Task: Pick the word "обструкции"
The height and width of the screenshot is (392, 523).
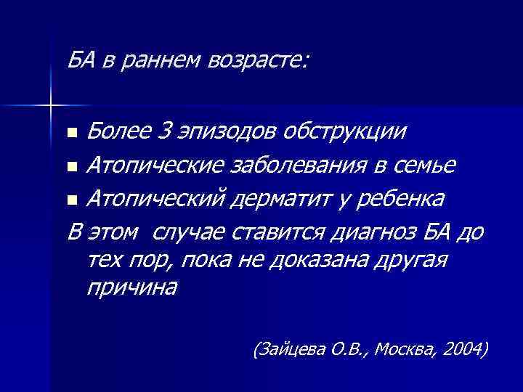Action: pos(346,133)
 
